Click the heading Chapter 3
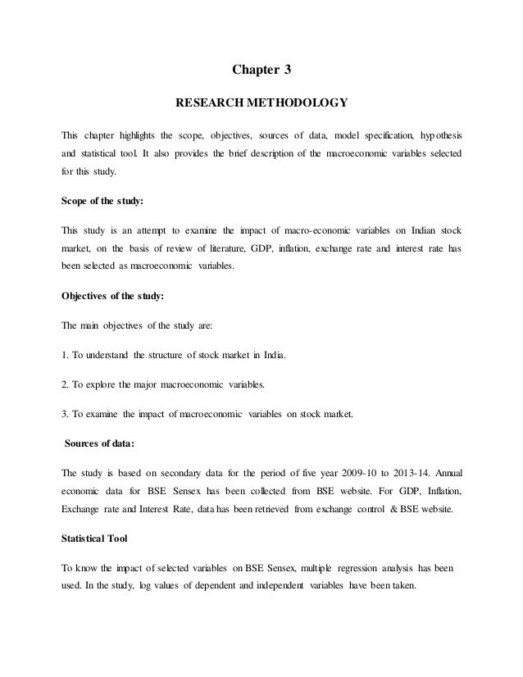[x=261, y=70]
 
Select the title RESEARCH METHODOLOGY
[x=261, y=104]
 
